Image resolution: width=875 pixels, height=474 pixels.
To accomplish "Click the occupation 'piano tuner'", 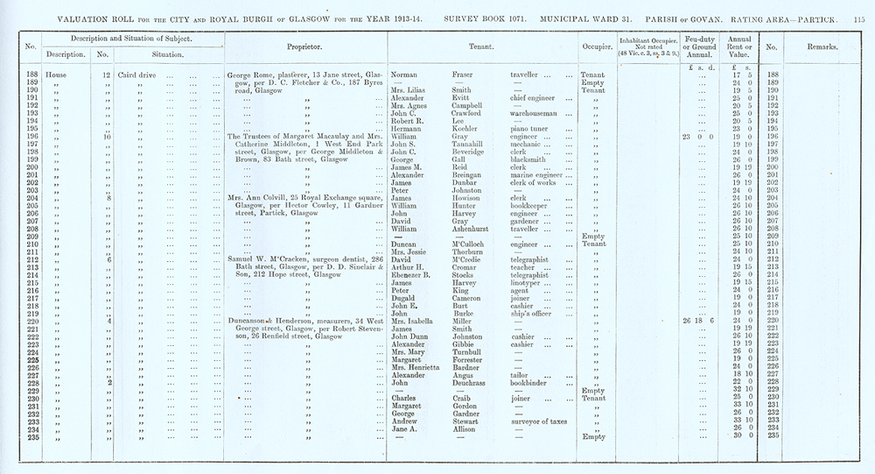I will tap(530, 128).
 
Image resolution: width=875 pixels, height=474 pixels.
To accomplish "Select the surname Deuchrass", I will tap(472, 382).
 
